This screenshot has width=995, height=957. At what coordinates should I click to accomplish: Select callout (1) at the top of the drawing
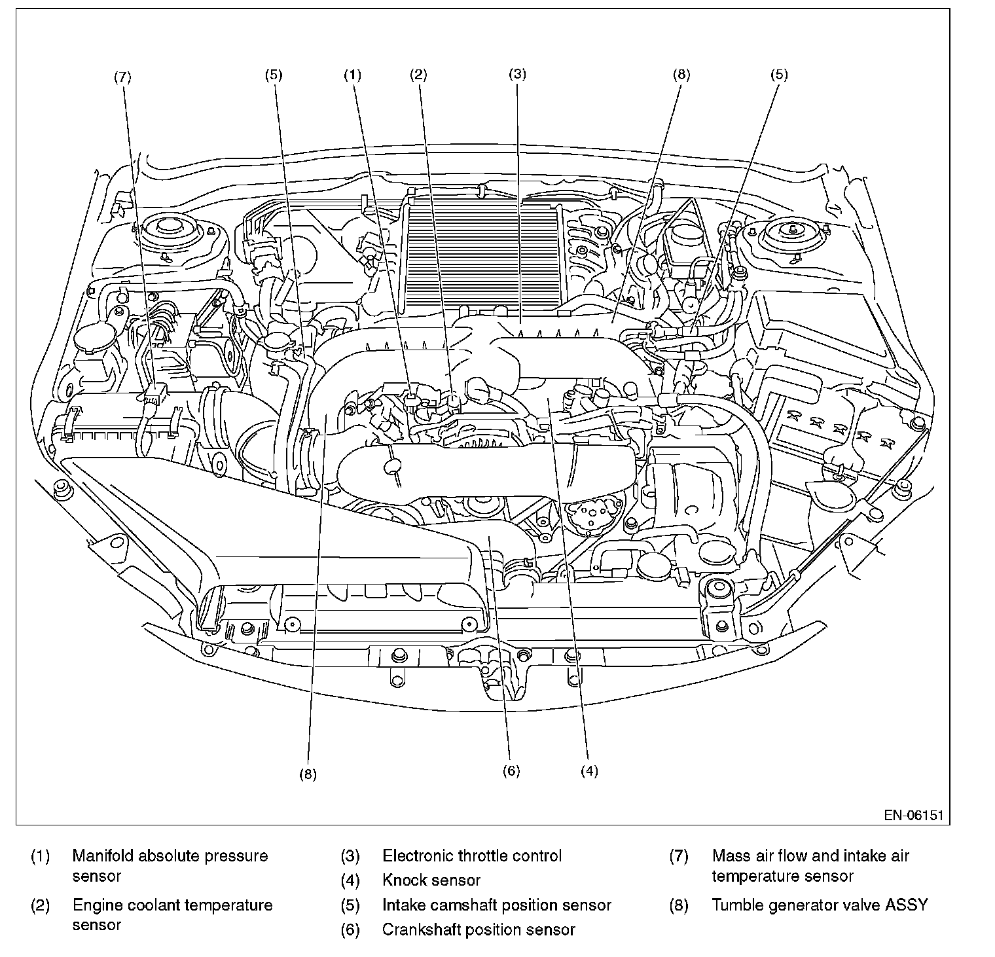pyautogui.click(x=353, y=75)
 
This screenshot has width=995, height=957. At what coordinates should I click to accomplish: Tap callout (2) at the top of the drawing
pyautogui.click(x=418, y=75)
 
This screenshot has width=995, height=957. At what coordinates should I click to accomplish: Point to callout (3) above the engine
pyautogui.click(x=517, y=75)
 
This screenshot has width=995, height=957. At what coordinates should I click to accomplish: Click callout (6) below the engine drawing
pyautogui.click(x=511, y=771)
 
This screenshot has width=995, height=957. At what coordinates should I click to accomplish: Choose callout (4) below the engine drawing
pyautogui.click(x=589, y=771)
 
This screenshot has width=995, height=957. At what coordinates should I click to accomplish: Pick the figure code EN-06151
pyautogui.click(x=913, y=816)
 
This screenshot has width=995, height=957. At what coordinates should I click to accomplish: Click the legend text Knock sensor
pyautogui.click(x=431, y=881)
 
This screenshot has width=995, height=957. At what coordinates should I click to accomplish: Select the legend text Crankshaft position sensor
pyautogui.click(x=479, y=930)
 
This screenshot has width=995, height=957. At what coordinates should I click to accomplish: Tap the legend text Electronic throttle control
pyautogui.click(x=472, y=856)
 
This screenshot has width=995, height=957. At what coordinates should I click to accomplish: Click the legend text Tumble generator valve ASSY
pyautogui.click(x=820, y=905)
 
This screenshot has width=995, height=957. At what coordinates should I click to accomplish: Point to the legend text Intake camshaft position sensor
pyautogui.click(x=497, y=905)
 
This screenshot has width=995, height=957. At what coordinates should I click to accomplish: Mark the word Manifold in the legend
pyautogui.click(x=103, y=856)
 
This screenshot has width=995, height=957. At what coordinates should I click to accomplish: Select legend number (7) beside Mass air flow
pyautogui.click(x=679, y=856)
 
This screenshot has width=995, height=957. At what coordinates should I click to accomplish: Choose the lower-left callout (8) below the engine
pyautogui.click(x=308, y=774)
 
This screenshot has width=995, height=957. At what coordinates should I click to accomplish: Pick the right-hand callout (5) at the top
pyautogui.click(x=779, y=75)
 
